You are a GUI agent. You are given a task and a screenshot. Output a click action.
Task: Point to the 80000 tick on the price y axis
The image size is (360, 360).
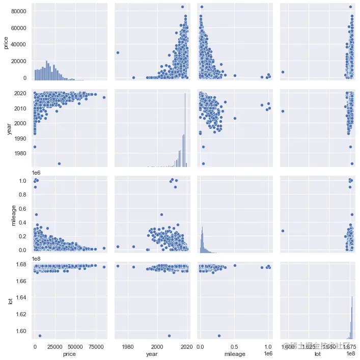(x=21, y=10)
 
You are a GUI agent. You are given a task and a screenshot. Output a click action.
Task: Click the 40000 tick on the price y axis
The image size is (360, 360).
(x=21, y=44)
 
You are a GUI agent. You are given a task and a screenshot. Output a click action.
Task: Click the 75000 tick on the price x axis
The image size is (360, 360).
(x=96, y=345)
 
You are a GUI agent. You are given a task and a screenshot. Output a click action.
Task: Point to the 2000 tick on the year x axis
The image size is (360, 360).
(x=158, y=345)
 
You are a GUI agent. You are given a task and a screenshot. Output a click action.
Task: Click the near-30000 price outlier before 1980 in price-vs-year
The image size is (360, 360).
(x=118, y=52)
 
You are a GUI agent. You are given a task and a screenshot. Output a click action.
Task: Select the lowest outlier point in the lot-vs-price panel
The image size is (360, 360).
(x=40, y=336)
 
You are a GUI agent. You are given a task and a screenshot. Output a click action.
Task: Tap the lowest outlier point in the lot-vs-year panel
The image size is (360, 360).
(x=170, y=336)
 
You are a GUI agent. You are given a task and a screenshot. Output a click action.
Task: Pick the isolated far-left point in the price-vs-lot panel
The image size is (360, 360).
(x=283, y=72)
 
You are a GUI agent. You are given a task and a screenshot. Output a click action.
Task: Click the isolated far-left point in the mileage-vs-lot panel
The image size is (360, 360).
(x=283, y=231)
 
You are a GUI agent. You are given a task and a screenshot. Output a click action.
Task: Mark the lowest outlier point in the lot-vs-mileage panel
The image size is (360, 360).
(x=219, y=336)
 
